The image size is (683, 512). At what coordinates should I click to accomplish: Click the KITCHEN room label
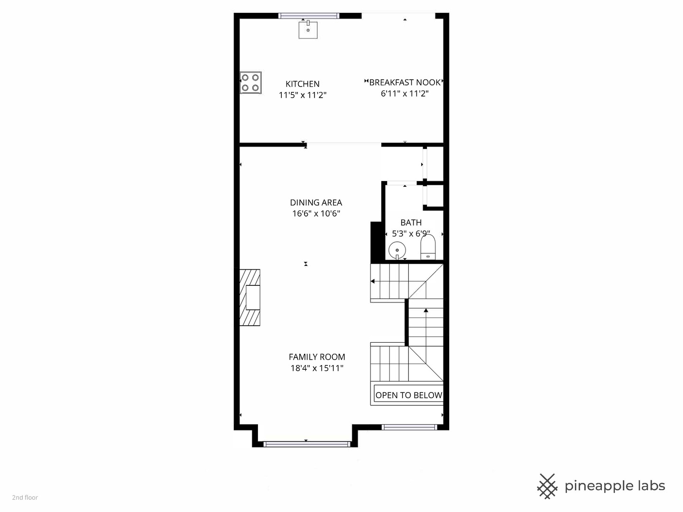click(x=303, y=84)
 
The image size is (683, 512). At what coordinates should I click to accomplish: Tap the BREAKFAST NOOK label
click(x=405, y=82)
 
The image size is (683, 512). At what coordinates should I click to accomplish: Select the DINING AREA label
click(x=316, y=202)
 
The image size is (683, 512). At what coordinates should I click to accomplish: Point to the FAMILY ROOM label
click(x=317, y=357)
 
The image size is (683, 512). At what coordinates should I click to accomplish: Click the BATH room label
click(x=411, y=223)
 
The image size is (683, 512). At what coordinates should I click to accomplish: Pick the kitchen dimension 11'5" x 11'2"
click(x=303, y=95)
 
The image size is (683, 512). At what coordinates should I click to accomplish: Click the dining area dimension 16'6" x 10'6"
click(x=316, y=213)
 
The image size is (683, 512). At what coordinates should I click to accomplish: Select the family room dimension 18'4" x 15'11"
click(x=317, y=368)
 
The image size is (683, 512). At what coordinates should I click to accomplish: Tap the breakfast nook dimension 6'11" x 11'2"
click(x=405, y=93)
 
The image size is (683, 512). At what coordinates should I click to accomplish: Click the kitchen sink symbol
click(x=308, y=29)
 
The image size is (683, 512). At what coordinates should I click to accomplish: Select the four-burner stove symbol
click(x=250, y=82)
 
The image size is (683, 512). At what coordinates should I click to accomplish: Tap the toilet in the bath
click(x=428, y=247)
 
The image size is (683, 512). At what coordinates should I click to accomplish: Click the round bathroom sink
click(x=397, y=250)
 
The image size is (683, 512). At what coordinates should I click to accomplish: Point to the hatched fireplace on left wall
click(x=249, y=298)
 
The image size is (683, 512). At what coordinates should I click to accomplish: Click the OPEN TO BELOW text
click(x=408, y=395)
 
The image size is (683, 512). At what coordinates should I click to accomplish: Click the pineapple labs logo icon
click(x=547, y=486)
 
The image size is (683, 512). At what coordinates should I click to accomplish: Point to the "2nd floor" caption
click(x=25, y=497)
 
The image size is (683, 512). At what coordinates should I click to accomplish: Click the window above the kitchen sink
click(x=308, y=16)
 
